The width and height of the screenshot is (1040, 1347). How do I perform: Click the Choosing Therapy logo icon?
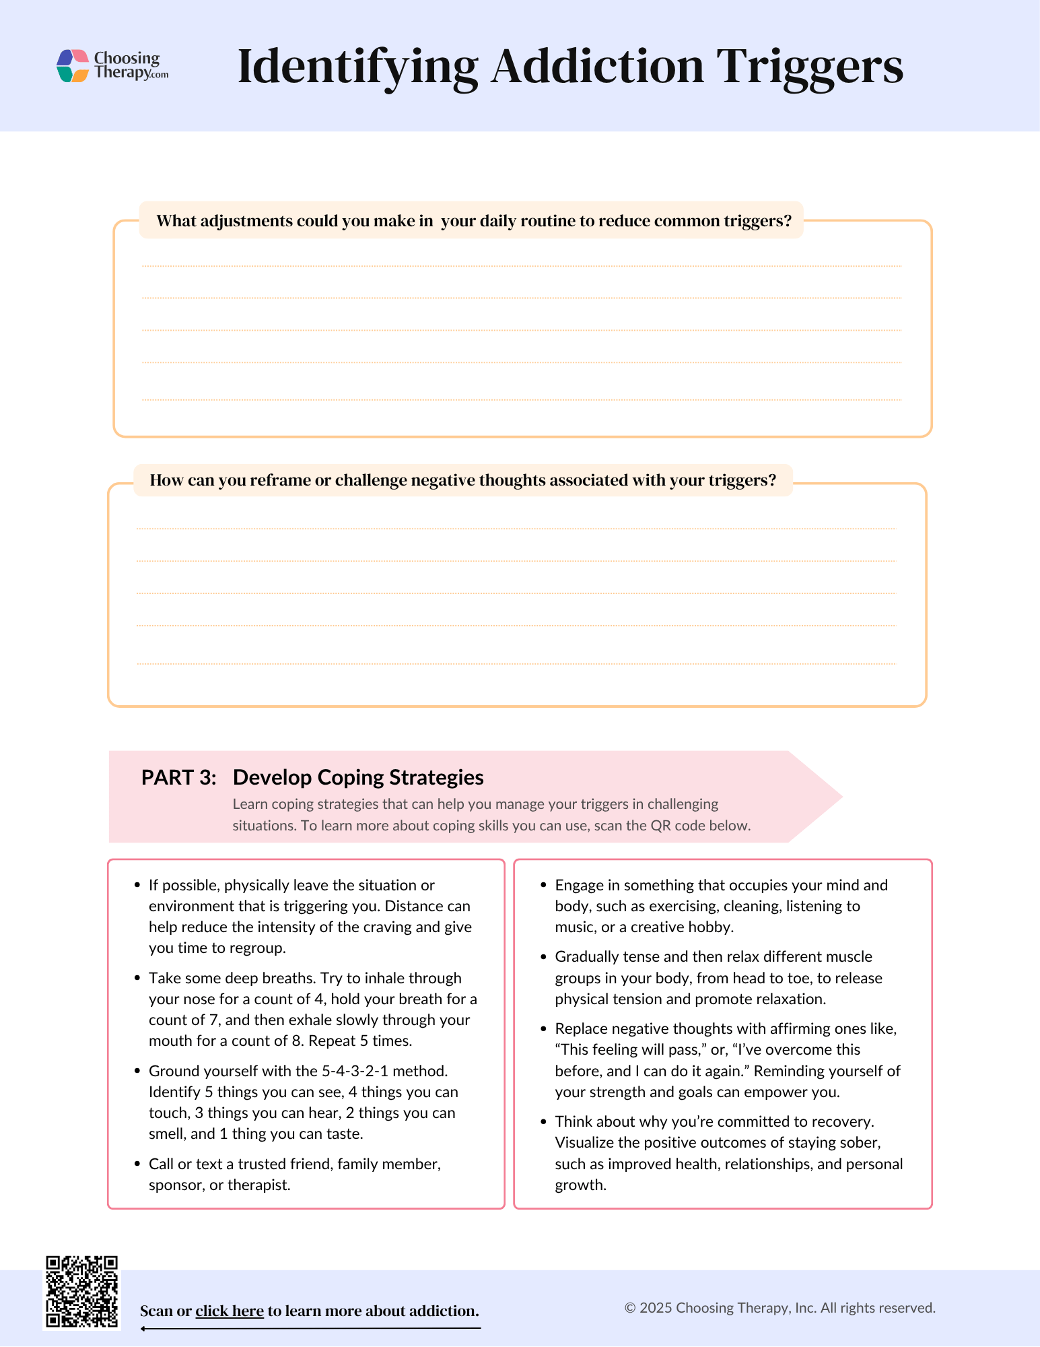73,66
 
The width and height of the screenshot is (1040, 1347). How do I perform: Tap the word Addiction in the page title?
597,67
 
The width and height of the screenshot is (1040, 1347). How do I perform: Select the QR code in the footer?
81,1292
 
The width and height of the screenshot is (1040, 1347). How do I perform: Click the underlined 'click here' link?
230,1311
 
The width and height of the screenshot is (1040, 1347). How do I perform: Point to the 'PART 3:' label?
179,777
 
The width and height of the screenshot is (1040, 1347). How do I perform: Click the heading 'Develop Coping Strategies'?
358,777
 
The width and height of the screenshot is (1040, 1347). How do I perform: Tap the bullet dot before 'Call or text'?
137,1164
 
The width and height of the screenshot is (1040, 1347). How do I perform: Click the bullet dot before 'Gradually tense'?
544,956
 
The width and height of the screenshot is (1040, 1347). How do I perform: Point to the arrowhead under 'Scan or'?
144,1329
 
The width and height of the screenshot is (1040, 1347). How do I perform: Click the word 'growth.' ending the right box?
580,1185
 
